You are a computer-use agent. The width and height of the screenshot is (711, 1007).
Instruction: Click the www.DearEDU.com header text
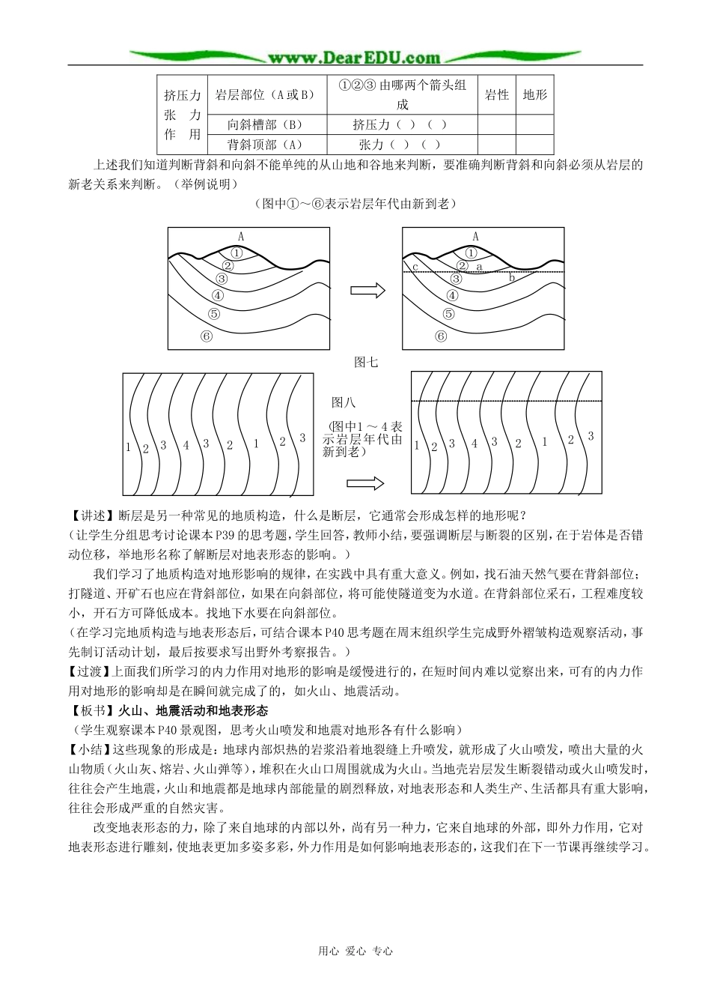coord(355,58)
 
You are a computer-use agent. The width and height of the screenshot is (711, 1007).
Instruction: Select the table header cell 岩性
coord(497,95)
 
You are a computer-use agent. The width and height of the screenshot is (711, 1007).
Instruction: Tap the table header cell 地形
coord(534,95)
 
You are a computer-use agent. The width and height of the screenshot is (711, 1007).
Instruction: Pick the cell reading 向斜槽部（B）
coord(266,125)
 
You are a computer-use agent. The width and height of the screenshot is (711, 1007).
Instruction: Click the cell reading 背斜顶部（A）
coord(266,145)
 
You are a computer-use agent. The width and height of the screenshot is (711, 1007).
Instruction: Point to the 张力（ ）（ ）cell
coord(400,145)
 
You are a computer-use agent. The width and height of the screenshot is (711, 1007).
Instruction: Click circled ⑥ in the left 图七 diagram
coord(207,336)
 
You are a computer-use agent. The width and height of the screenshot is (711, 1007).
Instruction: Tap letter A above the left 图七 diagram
coord(240,237)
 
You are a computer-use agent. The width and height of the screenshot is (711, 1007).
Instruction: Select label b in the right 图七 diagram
coord(512,278)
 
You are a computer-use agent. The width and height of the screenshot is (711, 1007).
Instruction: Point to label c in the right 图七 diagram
coord(414,267)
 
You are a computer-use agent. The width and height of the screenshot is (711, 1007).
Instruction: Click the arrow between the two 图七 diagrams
coord(367,290)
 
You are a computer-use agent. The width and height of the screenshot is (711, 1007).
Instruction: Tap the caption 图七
coord(366,362)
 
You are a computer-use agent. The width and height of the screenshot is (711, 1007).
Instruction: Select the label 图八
coord(344,402)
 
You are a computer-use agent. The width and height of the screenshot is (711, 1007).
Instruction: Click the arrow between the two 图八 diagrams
coord(365,483)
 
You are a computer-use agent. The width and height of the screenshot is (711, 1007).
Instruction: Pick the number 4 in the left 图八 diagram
coord(186,445)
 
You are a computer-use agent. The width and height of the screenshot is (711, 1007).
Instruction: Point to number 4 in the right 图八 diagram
coord(474,444)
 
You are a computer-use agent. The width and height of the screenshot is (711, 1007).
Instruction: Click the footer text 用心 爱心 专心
coord(355,951)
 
